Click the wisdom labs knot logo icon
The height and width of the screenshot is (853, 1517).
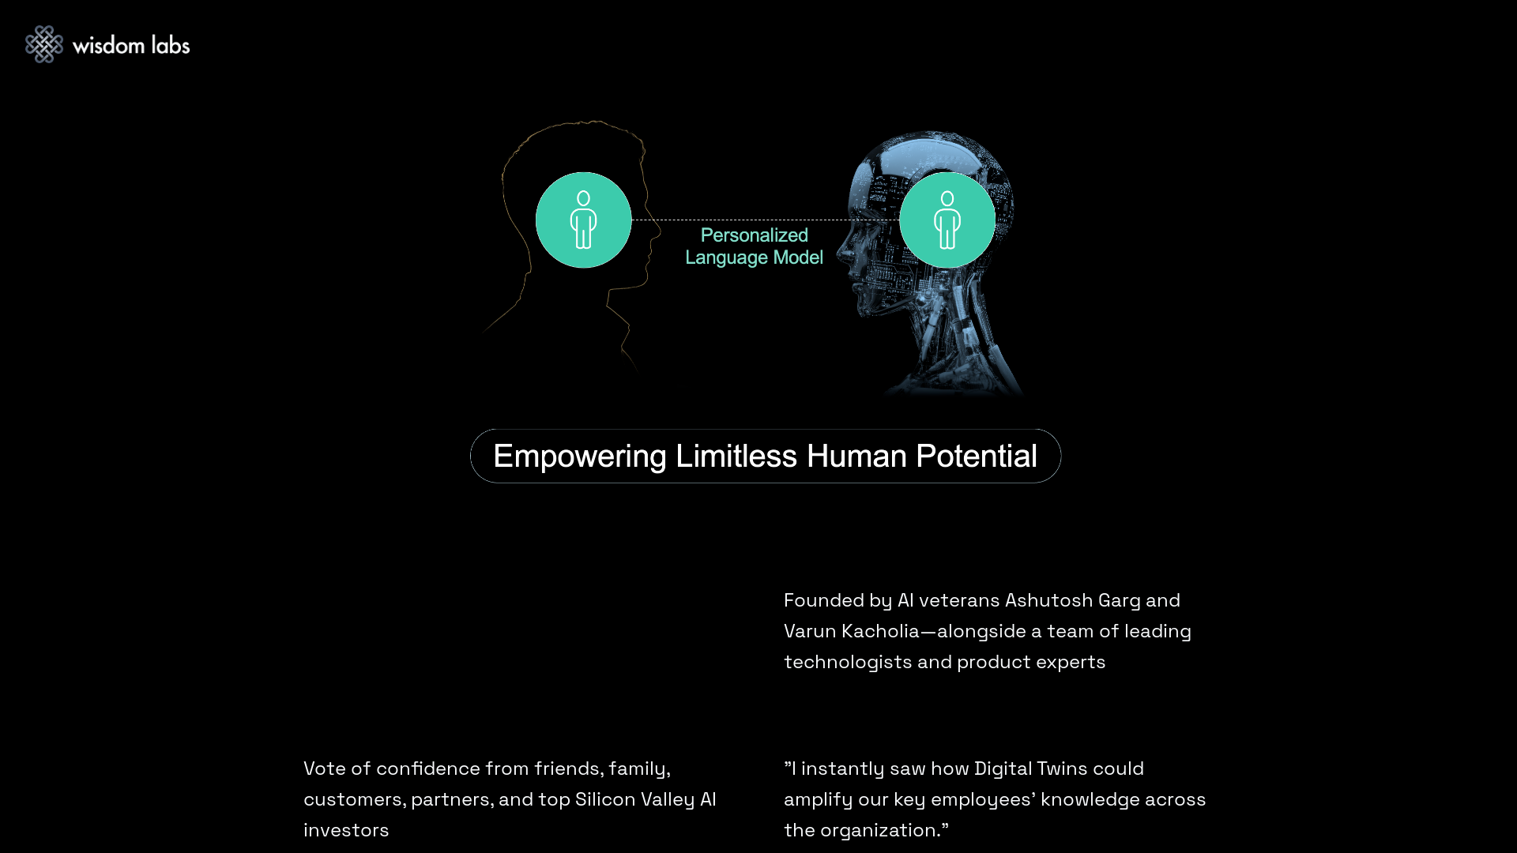pyautogui.click(x=44, y=44)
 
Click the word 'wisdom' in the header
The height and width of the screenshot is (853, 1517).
pyautogui.click(x=108, y=45)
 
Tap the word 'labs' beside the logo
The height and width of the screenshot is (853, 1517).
pyautogui.click(x=171, y=45)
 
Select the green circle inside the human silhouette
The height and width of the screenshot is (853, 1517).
pyautogui.click(x=583, y=220)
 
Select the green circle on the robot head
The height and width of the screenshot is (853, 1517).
pyautogui.click(x=947, y=220)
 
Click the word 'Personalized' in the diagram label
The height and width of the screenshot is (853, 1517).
pyautogui.click(x=755, y=235)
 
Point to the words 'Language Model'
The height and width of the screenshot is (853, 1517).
pyautogui.click(x=754, y=257)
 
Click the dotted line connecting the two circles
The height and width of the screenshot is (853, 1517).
pyautogui.click(x=765, y=220)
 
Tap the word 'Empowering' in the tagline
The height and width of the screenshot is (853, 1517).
pyautogui.click(x=580, y=457)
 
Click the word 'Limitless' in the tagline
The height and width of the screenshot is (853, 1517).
pyautogui.click(x=736, y=456)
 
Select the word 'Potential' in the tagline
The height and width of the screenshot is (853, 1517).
pyautogui.click(x=977, y=457)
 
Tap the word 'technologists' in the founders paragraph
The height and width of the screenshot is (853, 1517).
pyautogui.click(x=848, y=662)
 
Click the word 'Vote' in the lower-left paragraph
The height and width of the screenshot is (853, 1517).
pyautogui.click(x=325, y=768)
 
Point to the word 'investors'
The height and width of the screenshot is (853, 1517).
pyautogui.click(x=346, y=830)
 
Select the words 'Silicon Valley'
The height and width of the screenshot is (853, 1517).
pyautogui.click(x=635, y=799)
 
